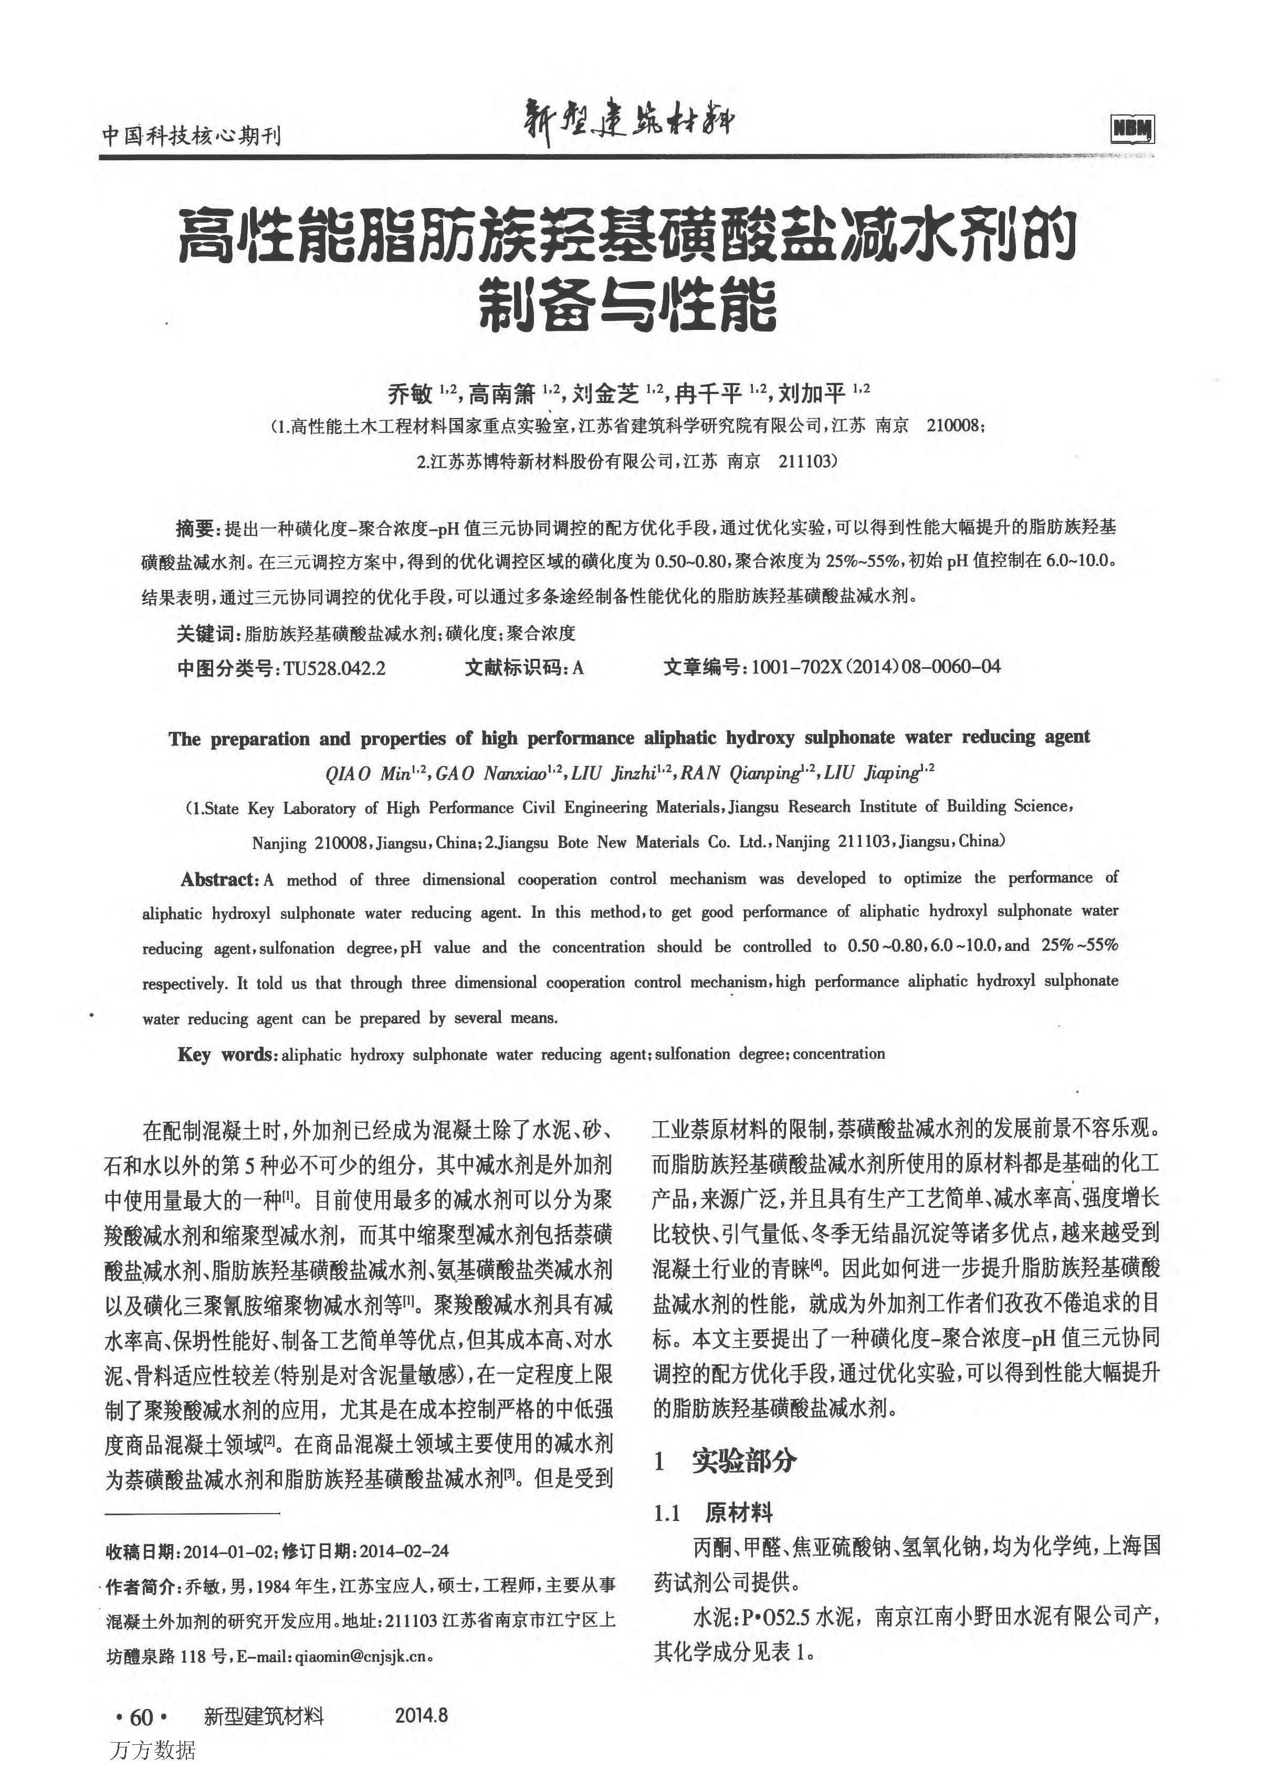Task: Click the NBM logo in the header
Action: click(x=1132, y=129)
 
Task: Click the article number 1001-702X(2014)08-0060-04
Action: click(x=875, y=667)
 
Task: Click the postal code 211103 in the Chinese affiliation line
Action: click(x=807, y=461)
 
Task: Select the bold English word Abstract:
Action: click(x=219, y=879)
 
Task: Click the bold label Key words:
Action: click(x=227, y=1054)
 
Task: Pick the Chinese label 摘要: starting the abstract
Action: click(x=198, y=529)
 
